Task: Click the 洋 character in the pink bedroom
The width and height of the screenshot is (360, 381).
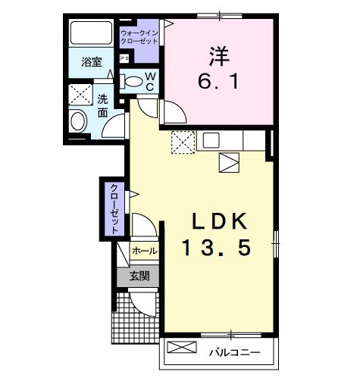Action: (218, 55)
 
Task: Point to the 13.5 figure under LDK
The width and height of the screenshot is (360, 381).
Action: (216, 247)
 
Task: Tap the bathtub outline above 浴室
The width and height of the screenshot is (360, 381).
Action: (92, 34)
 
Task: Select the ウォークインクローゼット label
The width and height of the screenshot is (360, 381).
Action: (139, 36)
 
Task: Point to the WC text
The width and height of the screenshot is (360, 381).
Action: (150, 82)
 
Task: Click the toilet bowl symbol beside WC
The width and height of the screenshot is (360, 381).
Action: (132, 81)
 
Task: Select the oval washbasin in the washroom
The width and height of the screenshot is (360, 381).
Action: (78, 121)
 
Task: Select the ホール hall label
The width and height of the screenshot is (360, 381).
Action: (144, 251)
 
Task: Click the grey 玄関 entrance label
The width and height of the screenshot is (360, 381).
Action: (139, 276)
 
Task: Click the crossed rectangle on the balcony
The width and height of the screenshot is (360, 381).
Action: (181, 349)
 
